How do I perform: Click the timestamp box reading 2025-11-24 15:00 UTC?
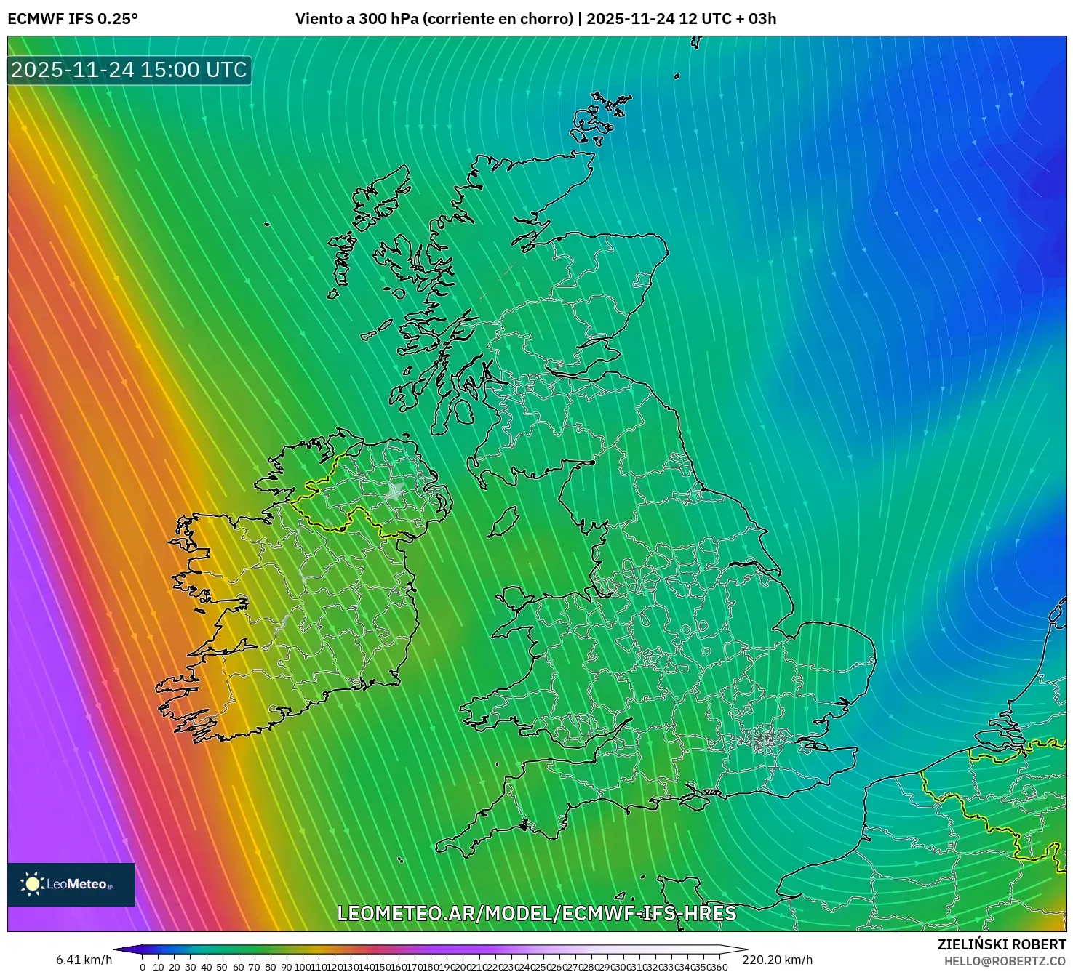point(129,70)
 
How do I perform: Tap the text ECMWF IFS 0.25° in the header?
point(73,19)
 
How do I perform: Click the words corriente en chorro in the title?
point(497,19)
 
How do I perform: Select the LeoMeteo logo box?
point(71,884)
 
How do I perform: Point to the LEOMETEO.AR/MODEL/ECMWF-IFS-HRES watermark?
point(536,913)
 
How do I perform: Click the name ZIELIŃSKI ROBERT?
point(1001,944)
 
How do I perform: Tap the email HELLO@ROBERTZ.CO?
point(1005,961)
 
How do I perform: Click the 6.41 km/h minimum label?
point(84,960)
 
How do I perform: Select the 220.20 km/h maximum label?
point(777,960)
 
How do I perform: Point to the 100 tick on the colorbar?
point(301,967)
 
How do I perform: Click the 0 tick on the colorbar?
point(143,967)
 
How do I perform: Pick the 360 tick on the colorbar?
point(719,967)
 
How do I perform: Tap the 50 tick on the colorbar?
point(222,967)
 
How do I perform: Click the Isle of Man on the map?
point(503,522)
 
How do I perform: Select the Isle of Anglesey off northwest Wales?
point(514,601)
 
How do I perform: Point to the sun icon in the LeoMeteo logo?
point(33,884)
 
